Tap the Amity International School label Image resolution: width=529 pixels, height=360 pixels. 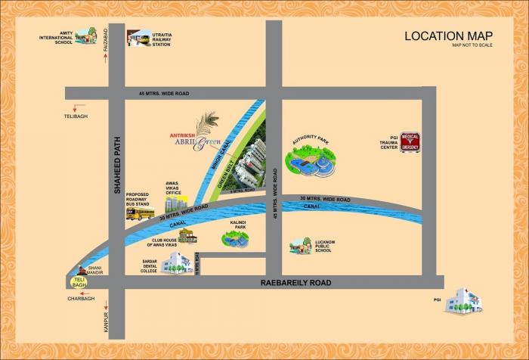(x=57, y=37)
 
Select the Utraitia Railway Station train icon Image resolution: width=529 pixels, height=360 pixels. (x=138, y=39)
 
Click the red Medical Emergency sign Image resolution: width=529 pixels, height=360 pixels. (x=410, y=140)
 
